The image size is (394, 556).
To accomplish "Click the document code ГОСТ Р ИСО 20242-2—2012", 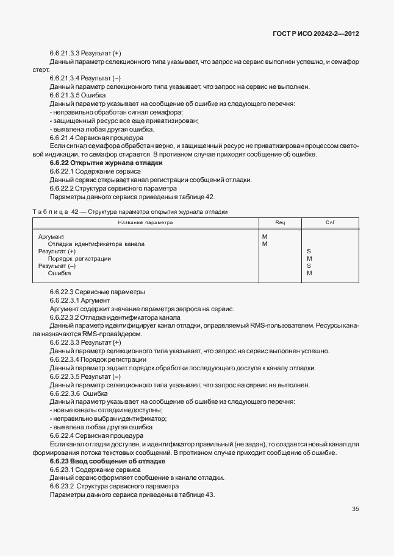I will click(315, 34).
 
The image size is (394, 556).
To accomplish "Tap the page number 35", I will click(355, 509).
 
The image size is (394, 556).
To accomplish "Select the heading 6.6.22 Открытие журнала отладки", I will click(106, 163).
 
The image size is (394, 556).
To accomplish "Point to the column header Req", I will click(280, 222).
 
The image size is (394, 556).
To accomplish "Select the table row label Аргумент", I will click(51, 236).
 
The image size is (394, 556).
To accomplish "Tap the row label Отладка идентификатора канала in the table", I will click(96, 244).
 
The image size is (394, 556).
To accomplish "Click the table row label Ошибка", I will click(59, 273).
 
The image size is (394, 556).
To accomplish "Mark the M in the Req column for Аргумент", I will click(264, 236).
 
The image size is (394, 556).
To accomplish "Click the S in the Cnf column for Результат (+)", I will click(309, 251).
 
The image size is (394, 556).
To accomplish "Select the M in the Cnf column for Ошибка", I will click(309, 273).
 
